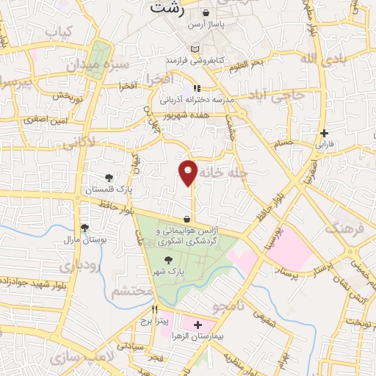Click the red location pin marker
click(x=189, y=172)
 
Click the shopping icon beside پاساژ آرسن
click(x=205, y=12)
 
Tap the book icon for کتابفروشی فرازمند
click(x=194, y=48)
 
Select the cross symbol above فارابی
click(x=324, y=133)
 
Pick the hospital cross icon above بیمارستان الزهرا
click(x=198, y=324)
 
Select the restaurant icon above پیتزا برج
click(x=154, y=310)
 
